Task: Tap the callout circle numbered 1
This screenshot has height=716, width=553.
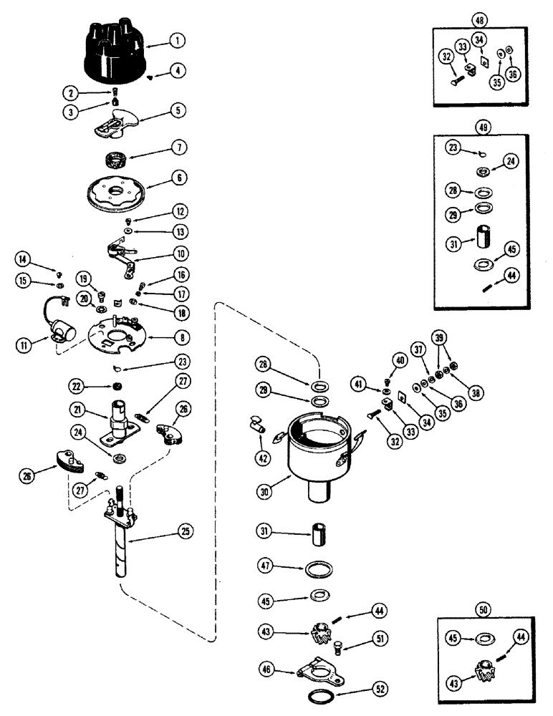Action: [x=175, y=42]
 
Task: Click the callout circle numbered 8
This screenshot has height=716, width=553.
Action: [x=176, y=337]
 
